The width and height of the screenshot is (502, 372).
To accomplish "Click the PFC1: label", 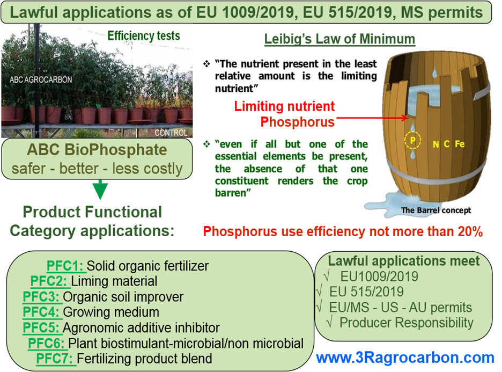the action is pos(65,266).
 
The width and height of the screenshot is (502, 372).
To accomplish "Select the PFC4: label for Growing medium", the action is pos(41,312).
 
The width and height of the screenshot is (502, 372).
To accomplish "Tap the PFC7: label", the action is pos(55,359).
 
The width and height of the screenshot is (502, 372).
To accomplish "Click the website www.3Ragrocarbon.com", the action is pos(405,358).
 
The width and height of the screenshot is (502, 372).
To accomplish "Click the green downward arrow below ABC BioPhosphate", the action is pos(100,189).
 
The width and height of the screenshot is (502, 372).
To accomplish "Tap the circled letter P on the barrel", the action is pos(412,140).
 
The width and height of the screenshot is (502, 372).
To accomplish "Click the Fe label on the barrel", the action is pos(460,144).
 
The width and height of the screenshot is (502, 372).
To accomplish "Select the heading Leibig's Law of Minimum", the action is pos(339,39).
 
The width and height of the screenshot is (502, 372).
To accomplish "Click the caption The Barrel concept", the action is pos(436,210).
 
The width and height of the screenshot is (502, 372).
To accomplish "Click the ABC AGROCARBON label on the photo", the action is pos(41,80).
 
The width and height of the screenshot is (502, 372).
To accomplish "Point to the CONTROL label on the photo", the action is pos(171,133).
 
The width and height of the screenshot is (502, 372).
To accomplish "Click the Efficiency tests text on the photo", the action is pos(144,36).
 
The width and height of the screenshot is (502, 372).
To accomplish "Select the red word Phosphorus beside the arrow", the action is pos(298,122).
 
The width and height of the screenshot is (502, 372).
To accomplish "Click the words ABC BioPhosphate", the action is pos(97,150).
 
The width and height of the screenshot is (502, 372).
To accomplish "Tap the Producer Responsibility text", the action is pos(407,323).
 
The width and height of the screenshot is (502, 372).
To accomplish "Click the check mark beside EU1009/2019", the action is pos(327,275).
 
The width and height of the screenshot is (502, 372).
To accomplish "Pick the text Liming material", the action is pos(114,281).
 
